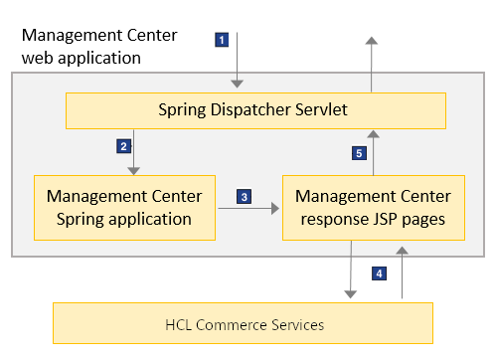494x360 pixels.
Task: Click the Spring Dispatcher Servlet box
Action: click(254, 109)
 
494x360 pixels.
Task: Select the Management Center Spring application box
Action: click(124, 207)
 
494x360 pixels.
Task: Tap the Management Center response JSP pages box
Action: click(372, 207)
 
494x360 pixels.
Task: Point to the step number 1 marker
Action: click(223, 40)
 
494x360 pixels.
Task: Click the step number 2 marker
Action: click(123, 146)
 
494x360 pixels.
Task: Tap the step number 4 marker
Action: click(378, 271)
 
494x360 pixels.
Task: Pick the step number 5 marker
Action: click(360, 153)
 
